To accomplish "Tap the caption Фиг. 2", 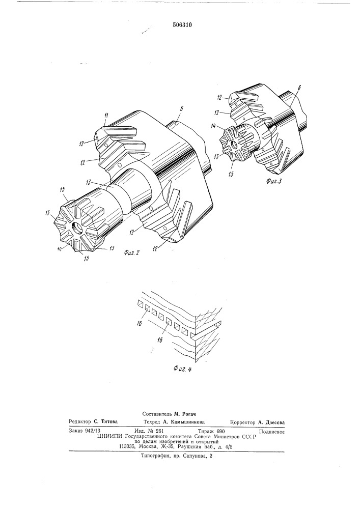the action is coord(132,252).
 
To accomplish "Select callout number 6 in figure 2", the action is coord(181,109).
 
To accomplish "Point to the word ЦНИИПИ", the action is coord(107,437).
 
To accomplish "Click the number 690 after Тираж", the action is coord(220,432).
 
